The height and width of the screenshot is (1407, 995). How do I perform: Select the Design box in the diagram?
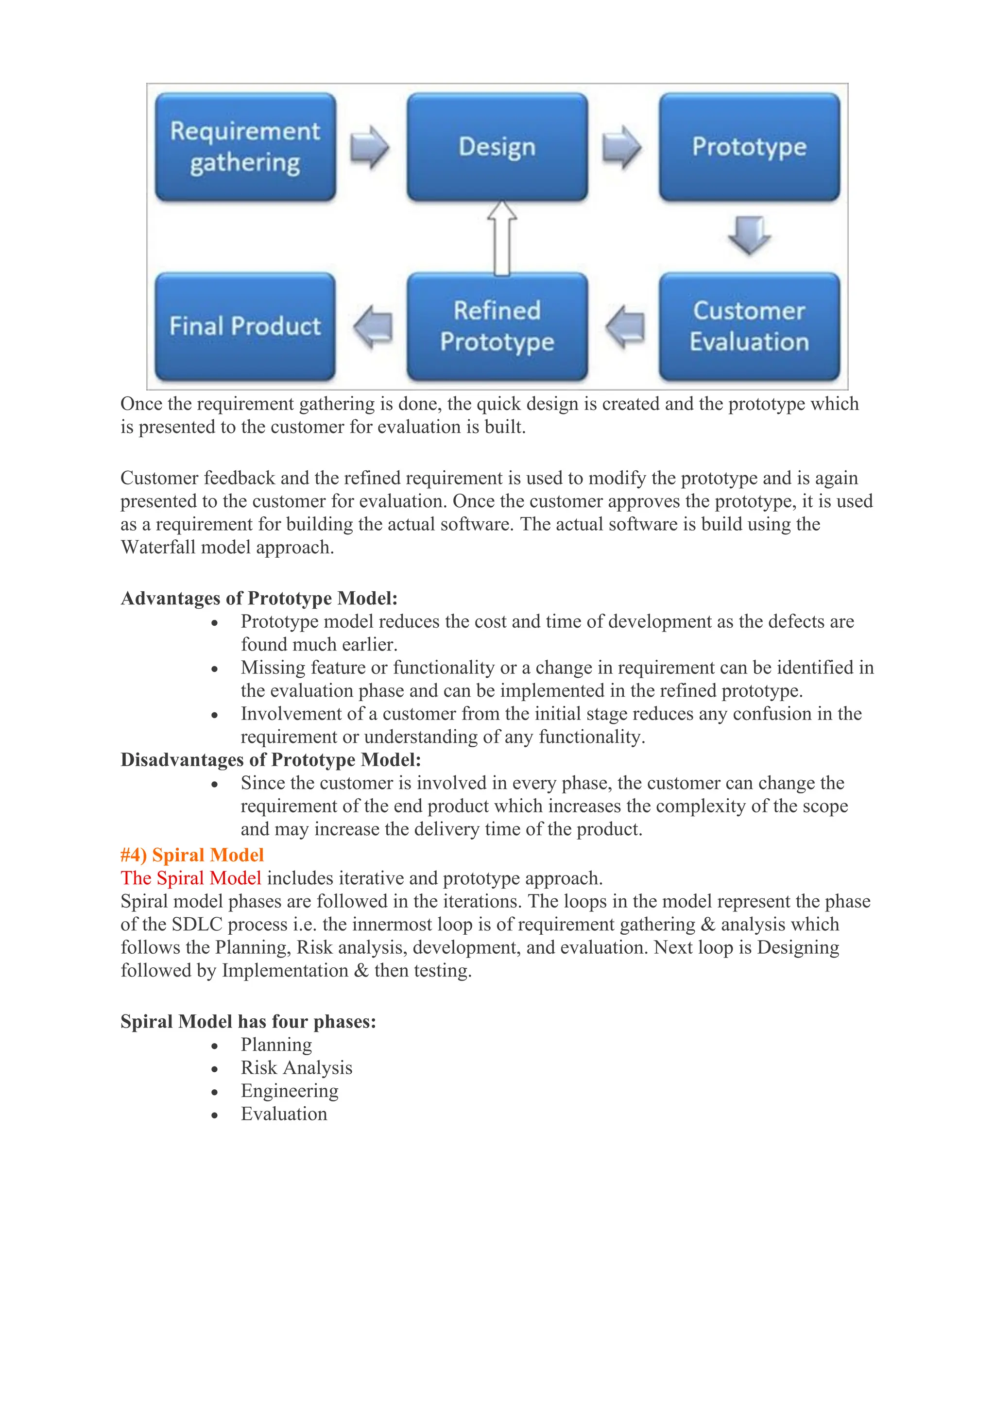click(x=497, y=147)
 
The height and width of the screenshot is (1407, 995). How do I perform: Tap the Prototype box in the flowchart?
click(x=749, y=147)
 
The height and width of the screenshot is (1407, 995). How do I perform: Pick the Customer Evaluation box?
click(x=749, y=326)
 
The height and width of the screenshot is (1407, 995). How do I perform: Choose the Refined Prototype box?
click(x=497, y=326)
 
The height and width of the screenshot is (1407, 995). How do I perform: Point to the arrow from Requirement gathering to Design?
click(x=369, y=148)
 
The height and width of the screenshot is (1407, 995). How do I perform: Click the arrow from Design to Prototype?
click(x=621, y=148)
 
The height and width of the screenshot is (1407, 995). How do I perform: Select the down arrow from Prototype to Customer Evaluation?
click(x=749, y=235)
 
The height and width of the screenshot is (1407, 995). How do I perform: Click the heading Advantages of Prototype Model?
click(x=259, y=598)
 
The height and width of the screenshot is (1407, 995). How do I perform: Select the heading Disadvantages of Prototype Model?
click(x=271, y=760)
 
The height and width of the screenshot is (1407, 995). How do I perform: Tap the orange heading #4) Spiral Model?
click(x=192, y=855)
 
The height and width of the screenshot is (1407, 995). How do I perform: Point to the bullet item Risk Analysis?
click(x=296, y=1067)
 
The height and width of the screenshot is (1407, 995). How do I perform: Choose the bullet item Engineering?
click(x=289, y=1091)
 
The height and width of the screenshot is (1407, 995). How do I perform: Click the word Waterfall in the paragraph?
click(x=158, y=547)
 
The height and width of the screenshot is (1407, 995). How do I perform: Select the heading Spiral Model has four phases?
click(x=248, y=1022)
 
